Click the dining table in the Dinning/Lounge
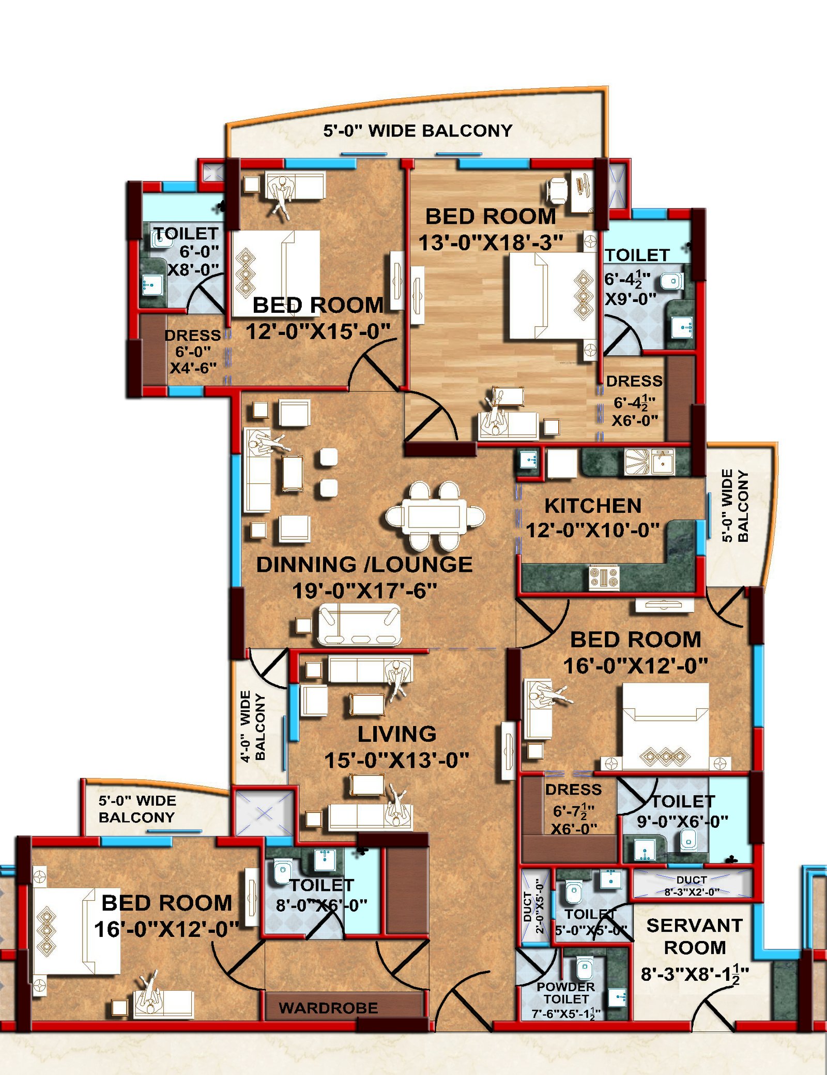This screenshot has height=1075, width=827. (435, 516)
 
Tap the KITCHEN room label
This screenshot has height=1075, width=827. (593, 506)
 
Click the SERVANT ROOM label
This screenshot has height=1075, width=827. (694, 936)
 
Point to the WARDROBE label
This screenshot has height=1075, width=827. (328, 1008)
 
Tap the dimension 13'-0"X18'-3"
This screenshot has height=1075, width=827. (491, 243)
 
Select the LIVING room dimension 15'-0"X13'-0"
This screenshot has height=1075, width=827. (396, 760)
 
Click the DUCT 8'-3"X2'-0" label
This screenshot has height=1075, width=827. (692, 885)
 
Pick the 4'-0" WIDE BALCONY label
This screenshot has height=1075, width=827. (253, 726)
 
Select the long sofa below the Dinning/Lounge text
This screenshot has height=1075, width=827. (360, 624)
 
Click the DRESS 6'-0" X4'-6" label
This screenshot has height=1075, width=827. (193, 352)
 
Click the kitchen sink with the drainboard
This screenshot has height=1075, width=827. (649, 461)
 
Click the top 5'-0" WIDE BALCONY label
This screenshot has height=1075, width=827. (418, 130)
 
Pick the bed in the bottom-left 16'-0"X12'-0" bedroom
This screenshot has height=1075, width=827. (78, 931)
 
